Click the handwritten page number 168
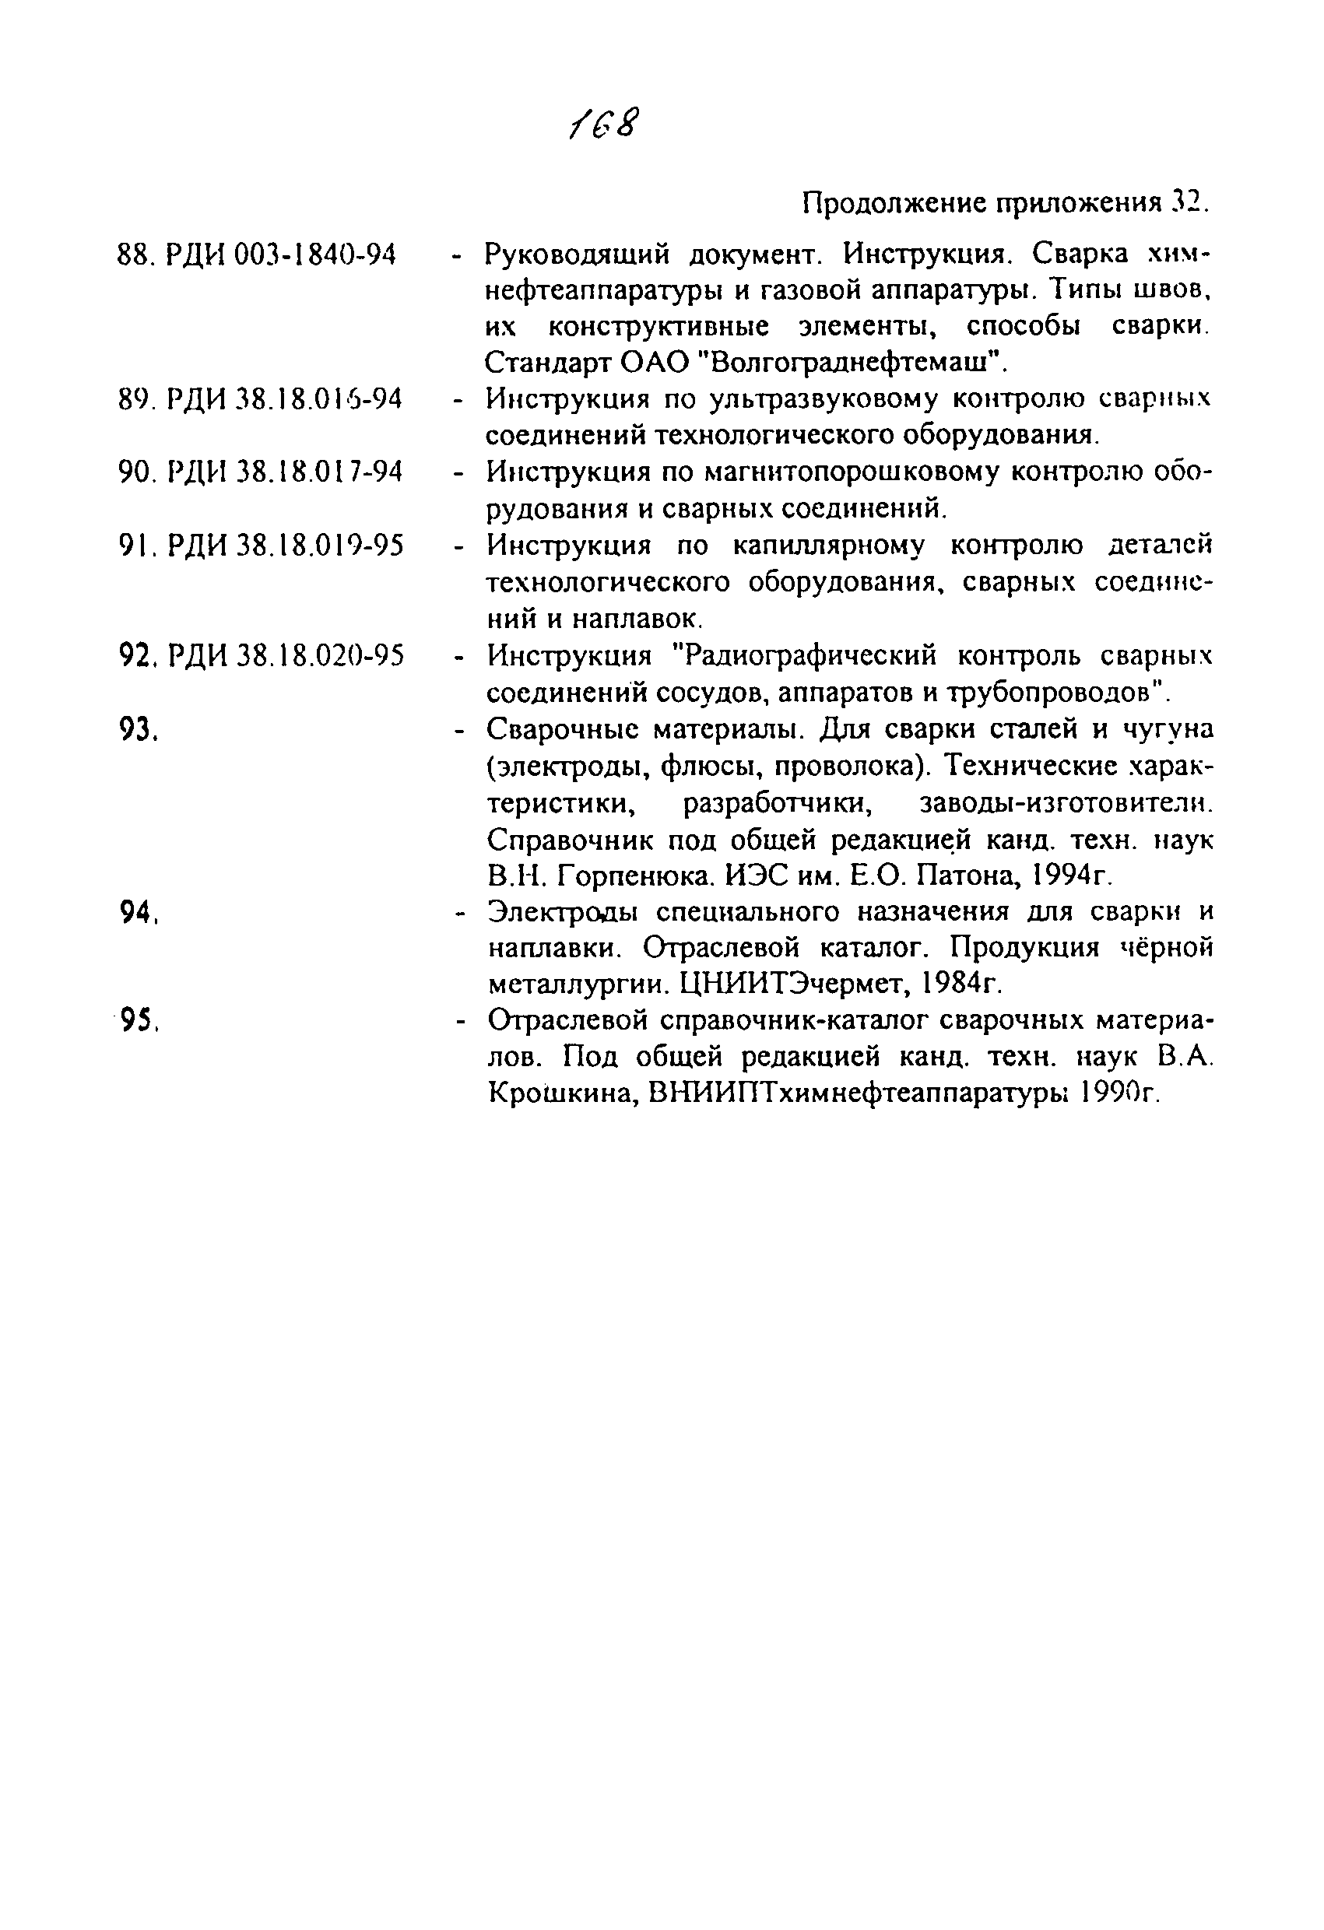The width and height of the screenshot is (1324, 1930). click(x=605, y=125)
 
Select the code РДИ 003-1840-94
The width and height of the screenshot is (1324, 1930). click(x=281, y=255)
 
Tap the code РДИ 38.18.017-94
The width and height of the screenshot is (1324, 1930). click(x=284, y=472)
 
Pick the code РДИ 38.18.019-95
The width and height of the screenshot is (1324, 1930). click(x=285, y=546)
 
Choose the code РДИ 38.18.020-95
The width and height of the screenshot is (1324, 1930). click(x=285, y=656)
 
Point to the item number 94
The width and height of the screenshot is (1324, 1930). click(x=138, y=912)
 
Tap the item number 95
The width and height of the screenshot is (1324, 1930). click(x=138, y=1019)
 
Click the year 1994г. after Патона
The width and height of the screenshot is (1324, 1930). click(x=1071, y=876)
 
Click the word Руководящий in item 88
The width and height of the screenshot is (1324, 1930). click(x=578, y=254)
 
